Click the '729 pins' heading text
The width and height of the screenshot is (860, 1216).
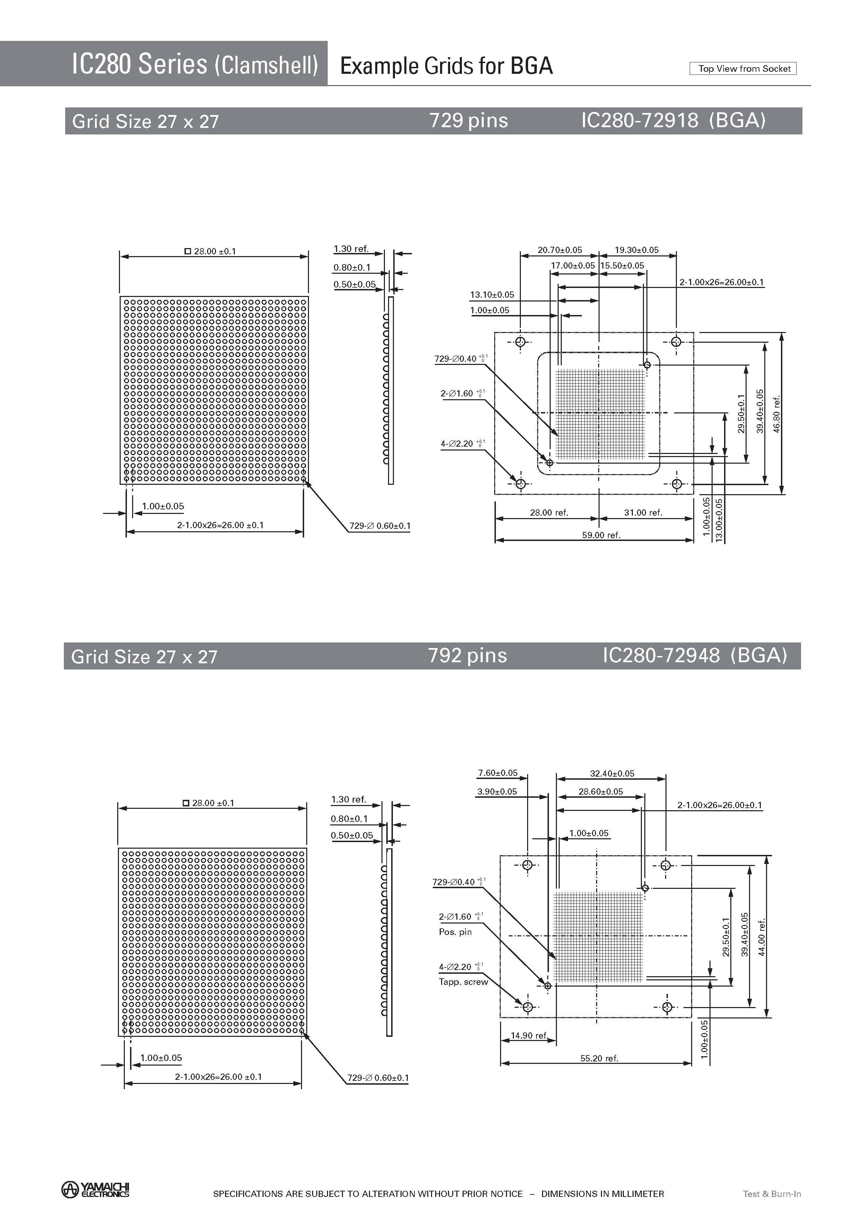pos(468,121)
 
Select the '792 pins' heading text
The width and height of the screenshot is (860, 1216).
pos(467,656)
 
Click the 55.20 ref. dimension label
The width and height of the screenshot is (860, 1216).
pos(599,1058)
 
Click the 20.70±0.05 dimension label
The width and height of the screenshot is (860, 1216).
pos(560,250)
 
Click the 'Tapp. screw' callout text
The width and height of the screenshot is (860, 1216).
pos(463,981)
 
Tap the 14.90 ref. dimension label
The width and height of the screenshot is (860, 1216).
pos(528,1035)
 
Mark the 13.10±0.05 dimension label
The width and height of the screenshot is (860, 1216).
pos(492,295)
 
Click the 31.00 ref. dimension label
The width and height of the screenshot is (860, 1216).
pos(643,513)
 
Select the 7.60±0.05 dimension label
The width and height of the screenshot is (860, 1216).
pos(498,773)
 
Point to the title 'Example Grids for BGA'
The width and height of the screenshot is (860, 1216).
pos(446,66)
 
